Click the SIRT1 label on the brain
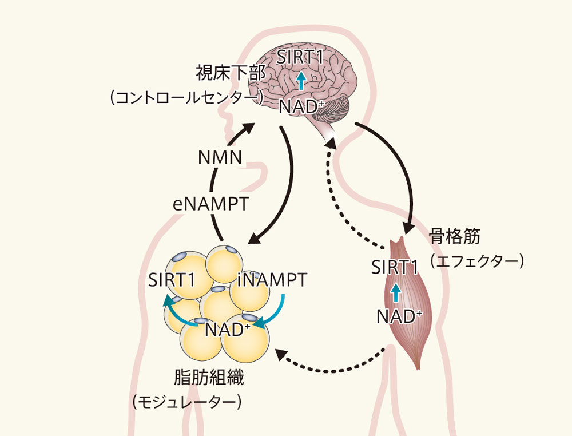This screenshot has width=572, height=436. click(x=301, y=57)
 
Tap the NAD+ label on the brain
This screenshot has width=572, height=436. click(x=302, y=106)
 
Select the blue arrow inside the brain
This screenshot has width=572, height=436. click(x=301, y=81)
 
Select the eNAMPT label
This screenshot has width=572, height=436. click(x=211, y=204)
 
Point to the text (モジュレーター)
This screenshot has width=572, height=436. click(x=187, y=402)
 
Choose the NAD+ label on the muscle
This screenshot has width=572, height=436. click(x=400, y=316)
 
